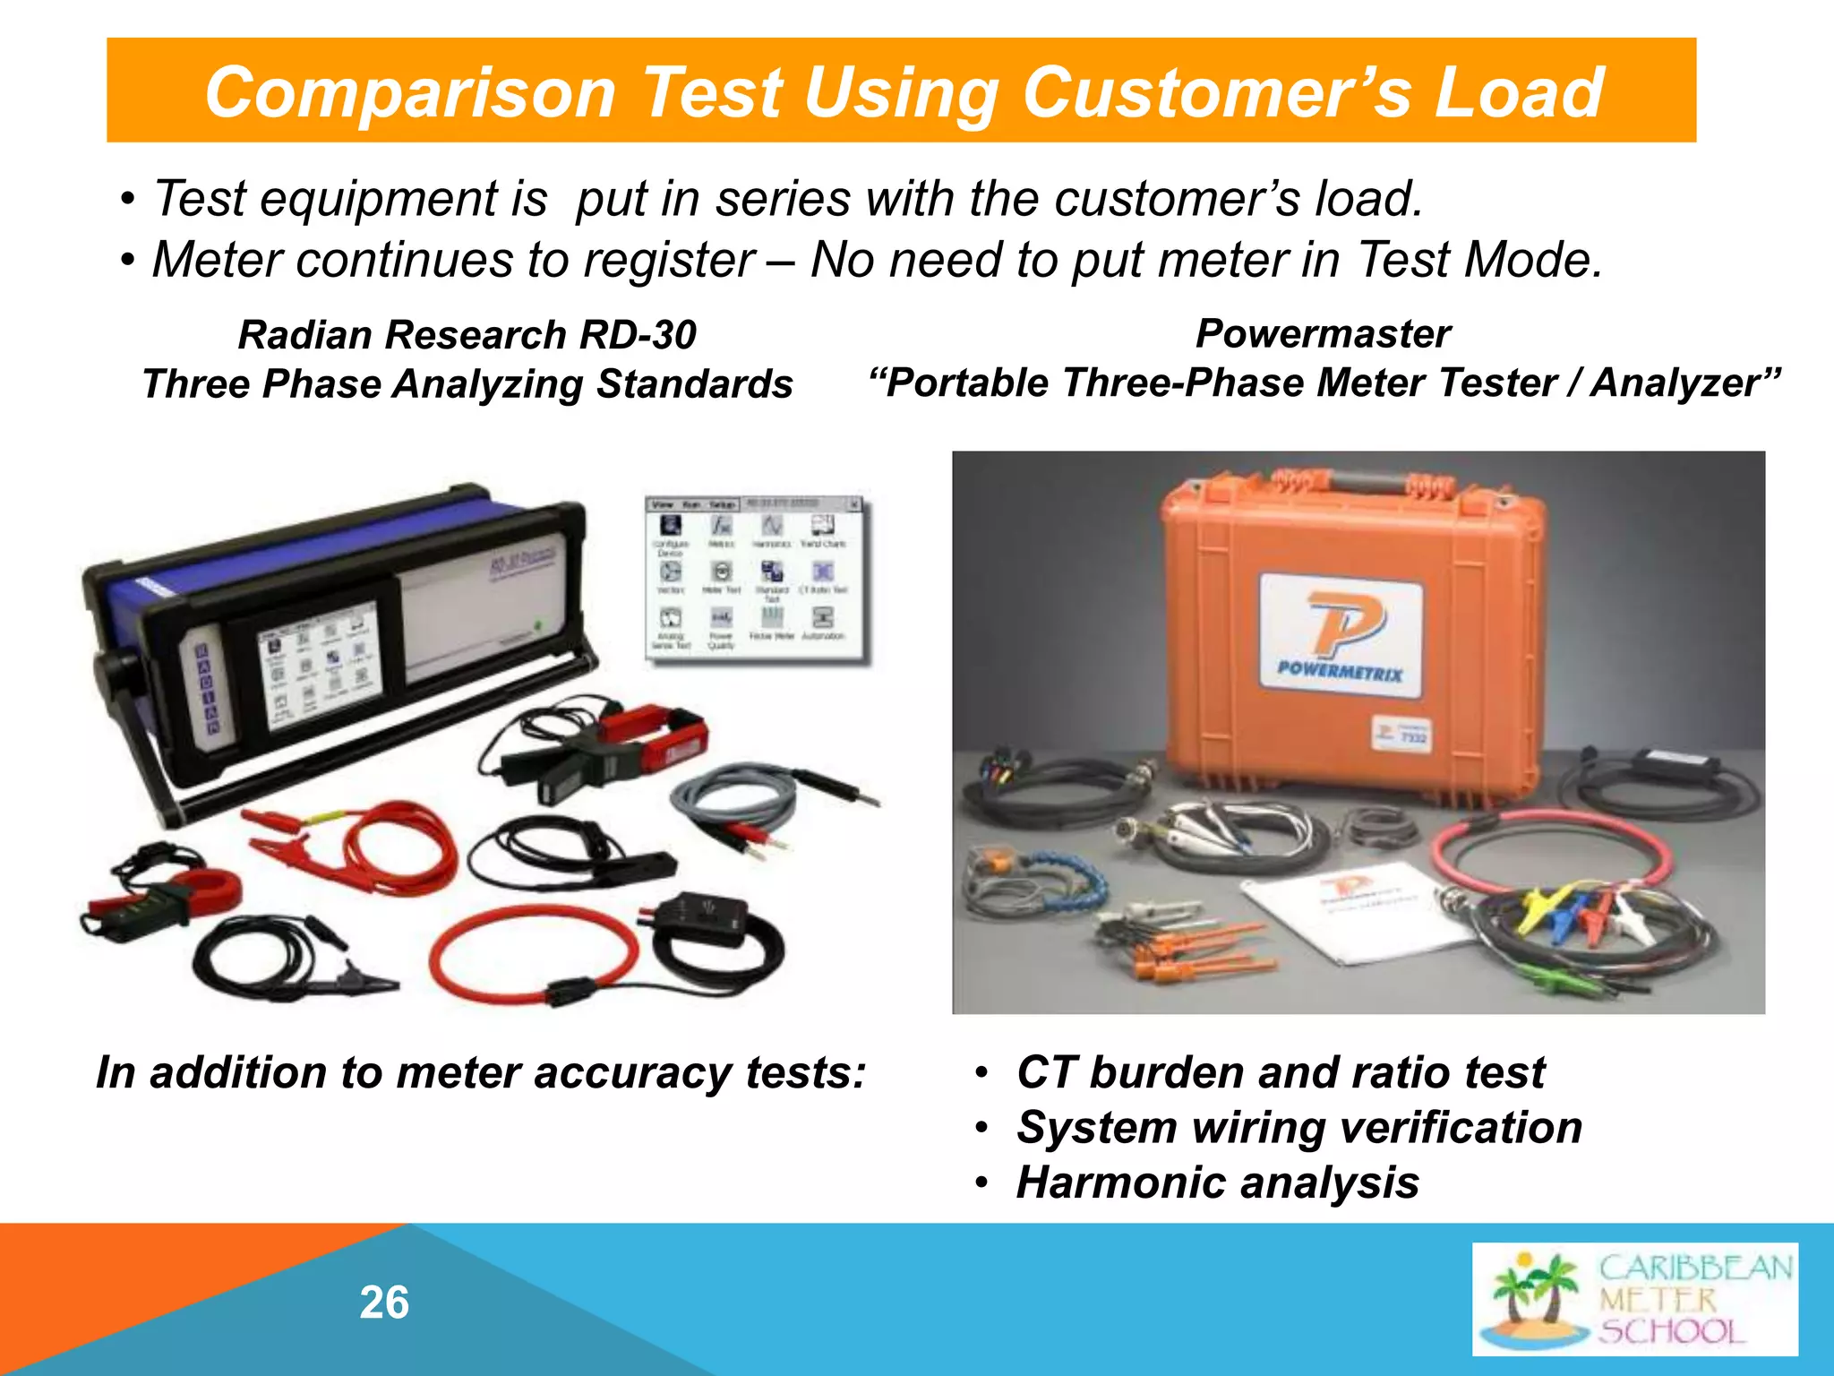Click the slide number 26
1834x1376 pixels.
pyautogui.click(x=384, y=1303)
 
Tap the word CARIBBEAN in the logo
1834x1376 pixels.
pyautogui.click(x=1695, y=1268)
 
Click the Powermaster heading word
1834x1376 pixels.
pyautogui.click(x=1323, y=333)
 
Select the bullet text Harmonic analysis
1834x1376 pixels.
pyautogui.click(x=1217, y=1182)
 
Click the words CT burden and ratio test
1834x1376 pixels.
pyautogui.click(x=1281, y=1072)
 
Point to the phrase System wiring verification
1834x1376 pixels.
pyautogui.click(x=1298, y=1127)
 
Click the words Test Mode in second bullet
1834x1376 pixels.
pyautogui.click(x=1478, y=260)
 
